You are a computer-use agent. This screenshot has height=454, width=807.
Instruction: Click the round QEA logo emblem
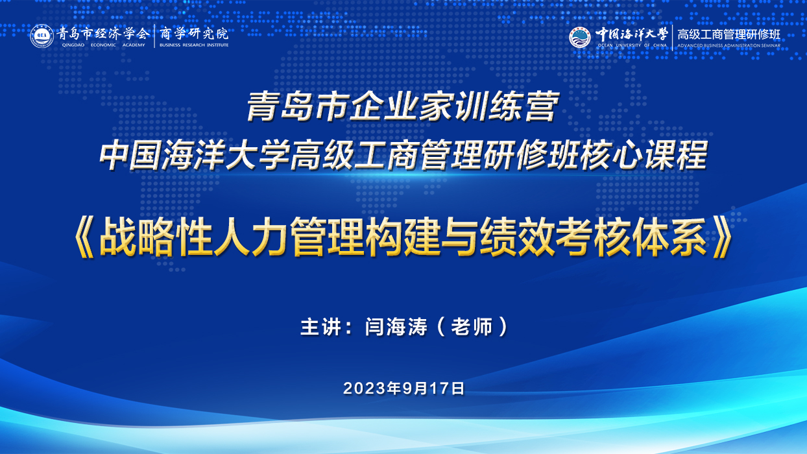[x=42, y=36]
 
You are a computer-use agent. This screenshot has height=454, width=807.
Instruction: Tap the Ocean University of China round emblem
[x=580, y=37]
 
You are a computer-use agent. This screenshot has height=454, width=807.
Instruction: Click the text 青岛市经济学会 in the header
[x=102, y=34]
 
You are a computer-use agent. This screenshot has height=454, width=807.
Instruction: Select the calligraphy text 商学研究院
[x=194, y=34]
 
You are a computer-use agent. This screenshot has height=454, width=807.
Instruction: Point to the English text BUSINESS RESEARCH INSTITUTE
[x=194, y=45]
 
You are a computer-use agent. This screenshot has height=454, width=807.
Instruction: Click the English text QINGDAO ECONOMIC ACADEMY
[x=103, y=45]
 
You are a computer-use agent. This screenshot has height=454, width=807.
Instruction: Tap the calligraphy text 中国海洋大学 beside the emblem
[x=632, y=34]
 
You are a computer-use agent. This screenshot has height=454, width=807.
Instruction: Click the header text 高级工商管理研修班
[x=729, y=34]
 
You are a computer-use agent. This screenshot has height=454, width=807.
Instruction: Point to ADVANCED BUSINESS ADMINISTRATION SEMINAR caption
[x=729, y=46]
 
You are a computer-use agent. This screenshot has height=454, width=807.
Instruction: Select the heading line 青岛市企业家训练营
[x=403, y=106]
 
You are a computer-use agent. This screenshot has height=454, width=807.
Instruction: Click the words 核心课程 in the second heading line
[x=644, y=155]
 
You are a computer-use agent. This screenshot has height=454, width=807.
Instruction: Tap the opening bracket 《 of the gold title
[x=85, y=238]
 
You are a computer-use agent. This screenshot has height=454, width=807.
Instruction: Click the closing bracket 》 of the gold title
[x=721, y=238]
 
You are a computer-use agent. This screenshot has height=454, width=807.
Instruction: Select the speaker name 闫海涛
[x=396, y=327]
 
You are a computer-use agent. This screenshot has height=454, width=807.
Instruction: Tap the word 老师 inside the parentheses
[x=472, y=327]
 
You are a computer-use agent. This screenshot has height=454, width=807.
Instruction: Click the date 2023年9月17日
[x=404, y=388]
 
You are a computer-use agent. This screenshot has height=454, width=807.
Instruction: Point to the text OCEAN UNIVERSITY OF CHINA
[x=632, y=45]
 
